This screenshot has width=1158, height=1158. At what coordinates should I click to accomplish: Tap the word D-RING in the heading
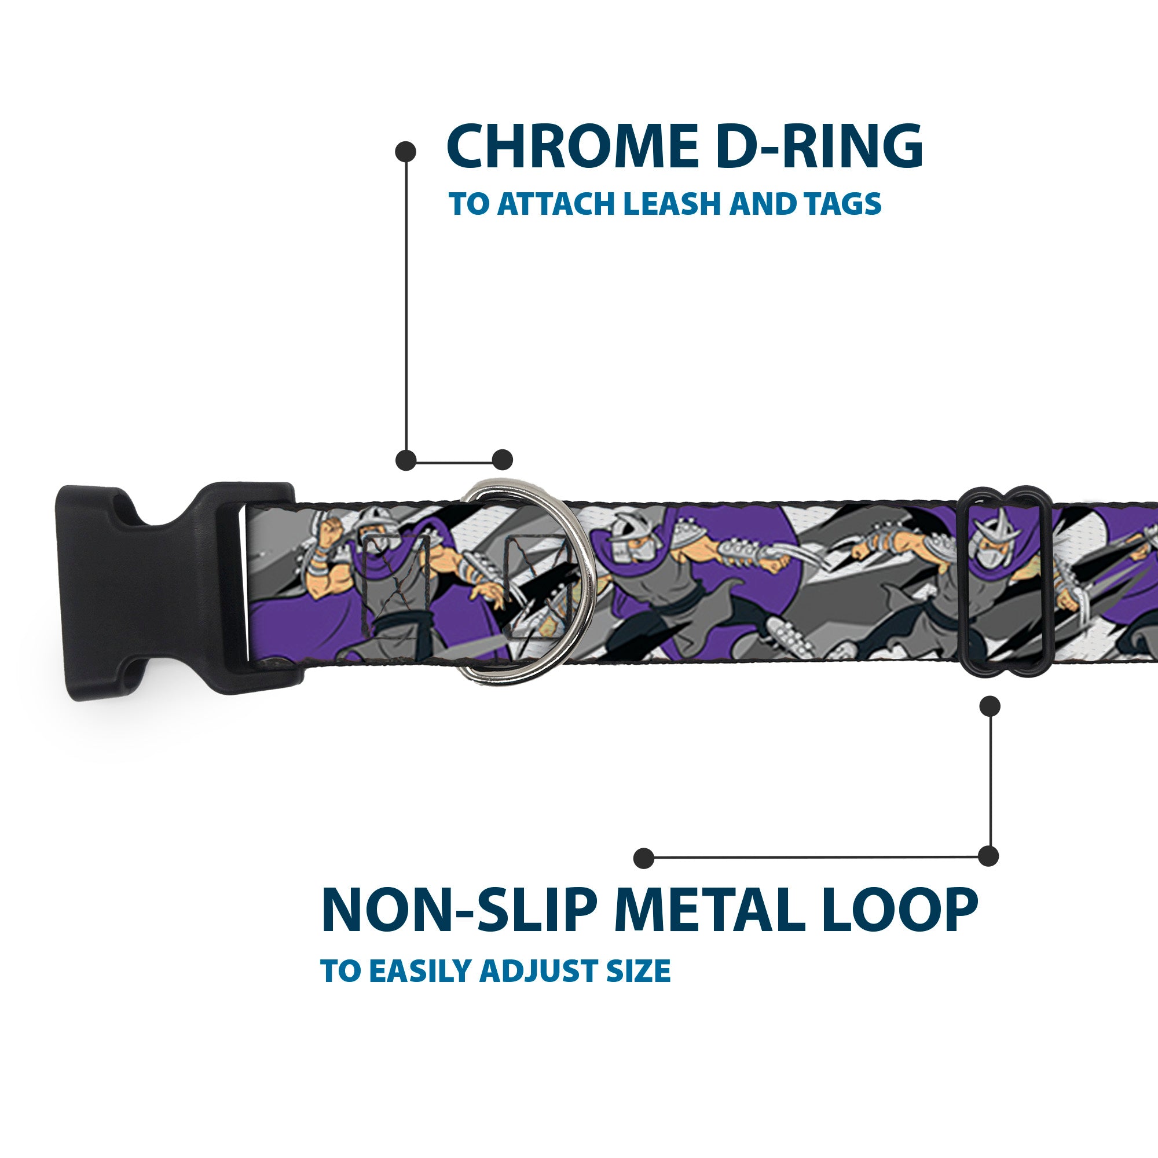click(819, 148)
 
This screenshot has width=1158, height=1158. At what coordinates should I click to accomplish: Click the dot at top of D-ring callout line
click(406, 152)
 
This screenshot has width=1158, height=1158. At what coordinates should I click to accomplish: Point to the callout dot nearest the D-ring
click(502, 460)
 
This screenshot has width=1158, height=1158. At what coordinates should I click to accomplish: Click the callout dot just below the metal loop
click(989, 706)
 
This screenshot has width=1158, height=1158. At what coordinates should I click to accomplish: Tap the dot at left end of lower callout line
click(644, 857)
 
